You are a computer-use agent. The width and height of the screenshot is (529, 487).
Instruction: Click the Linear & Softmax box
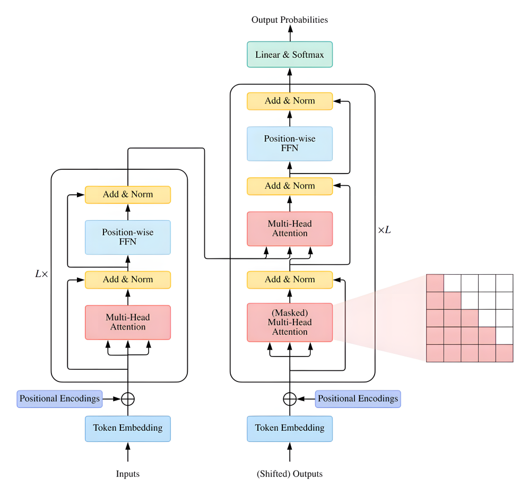290,55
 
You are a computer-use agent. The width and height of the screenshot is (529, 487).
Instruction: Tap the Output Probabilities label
290,20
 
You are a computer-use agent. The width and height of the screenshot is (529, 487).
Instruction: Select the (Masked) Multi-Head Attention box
290,322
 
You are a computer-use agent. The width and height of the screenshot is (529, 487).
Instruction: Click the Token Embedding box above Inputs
128,428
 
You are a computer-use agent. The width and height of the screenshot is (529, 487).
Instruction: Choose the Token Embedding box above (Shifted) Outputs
290,428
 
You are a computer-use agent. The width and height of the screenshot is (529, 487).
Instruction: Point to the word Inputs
128,474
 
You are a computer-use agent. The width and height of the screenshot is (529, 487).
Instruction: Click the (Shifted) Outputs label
290,474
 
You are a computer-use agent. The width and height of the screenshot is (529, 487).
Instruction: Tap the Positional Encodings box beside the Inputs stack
59,398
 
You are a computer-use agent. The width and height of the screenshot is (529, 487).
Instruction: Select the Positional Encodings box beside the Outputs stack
358,398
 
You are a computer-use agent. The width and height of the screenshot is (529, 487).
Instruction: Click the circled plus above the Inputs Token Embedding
128,398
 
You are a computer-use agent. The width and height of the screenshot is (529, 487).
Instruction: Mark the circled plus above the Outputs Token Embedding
290,398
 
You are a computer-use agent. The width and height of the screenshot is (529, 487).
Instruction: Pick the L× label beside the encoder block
41,274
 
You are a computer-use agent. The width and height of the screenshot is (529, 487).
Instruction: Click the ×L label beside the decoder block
384,231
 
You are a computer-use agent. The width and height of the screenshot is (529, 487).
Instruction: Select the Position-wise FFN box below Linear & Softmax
290,143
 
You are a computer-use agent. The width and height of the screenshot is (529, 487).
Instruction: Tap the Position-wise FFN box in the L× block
128,237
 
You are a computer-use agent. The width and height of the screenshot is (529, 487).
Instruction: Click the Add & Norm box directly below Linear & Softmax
290,101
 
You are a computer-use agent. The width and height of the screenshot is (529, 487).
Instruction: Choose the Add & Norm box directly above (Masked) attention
290,280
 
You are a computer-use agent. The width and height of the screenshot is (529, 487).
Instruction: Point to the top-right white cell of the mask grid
504,283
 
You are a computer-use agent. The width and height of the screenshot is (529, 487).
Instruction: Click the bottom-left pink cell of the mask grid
435,353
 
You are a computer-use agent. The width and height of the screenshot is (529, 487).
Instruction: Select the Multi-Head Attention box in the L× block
128,322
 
